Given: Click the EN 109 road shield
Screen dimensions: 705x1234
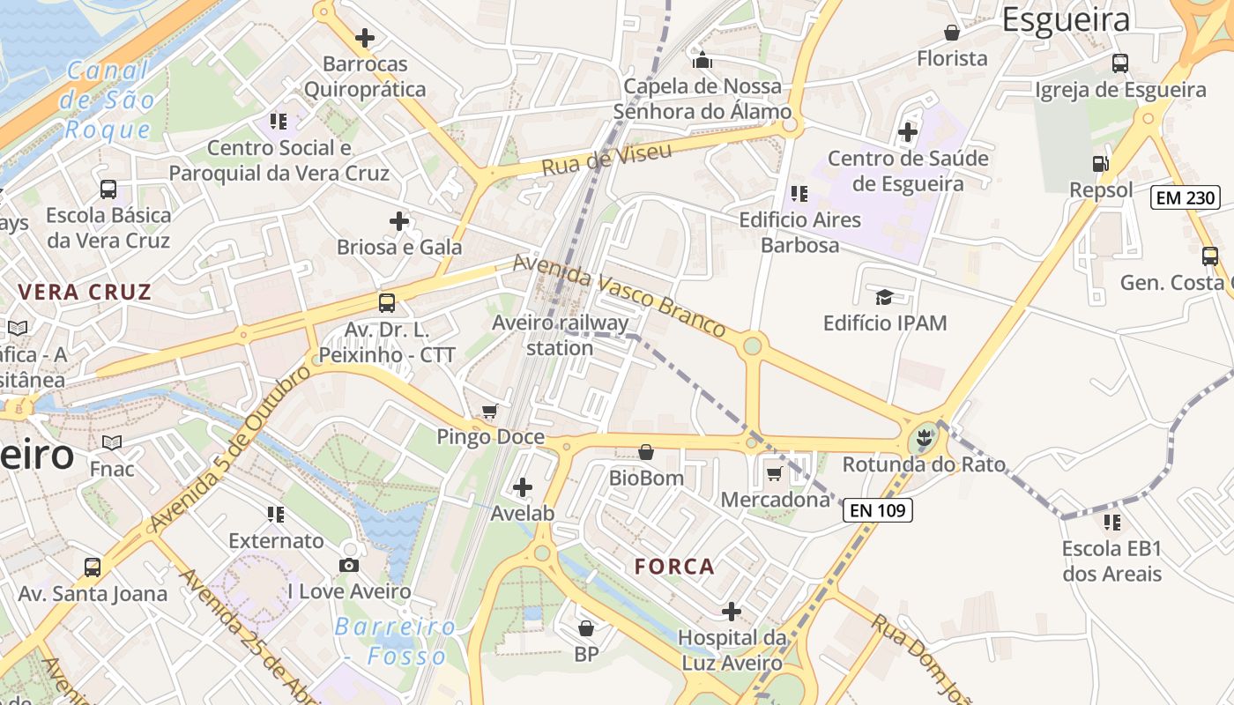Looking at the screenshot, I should [877, 510].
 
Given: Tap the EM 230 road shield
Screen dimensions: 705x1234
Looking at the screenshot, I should [1186, 197].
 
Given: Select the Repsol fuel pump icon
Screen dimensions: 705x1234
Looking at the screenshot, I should [1100, 163].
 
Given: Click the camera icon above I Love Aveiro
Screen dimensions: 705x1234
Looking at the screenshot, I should [349, 565].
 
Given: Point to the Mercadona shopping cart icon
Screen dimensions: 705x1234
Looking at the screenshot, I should [774, 474].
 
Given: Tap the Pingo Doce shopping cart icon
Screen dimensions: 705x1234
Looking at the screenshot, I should [490, 411].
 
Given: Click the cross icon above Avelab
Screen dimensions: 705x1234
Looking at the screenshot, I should [523, 486].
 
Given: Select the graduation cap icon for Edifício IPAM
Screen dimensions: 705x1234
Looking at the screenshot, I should [884, 296].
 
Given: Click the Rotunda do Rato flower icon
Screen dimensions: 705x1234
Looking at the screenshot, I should [924, 435].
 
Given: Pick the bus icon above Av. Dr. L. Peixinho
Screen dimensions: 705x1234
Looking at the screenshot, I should [386, 303].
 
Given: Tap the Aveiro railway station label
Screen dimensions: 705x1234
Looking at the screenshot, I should [561, 335].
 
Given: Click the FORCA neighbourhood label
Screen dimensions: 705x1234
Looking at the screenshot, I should [674, 567].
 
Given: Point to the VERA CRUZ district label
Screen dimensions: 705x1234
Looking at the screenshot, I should [85, 292].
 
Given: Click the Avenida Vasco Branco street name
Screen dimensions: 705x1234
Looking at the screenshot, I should [620, 295].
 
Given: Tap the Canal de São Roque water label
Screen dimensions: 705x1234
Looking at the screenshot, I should [108, 100].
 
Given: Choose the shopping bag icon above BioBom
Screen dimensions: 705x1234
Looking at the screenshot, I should [646, 452].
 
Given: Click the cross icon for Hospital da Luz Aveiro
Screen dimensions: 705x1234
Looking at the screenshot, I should [731, 611].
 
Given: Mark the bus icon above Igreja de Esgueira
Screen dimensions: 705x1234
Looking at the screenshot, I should [1119, 63].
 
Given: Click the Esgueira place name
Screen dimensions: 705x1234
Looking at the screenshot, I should [1066, 19].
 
